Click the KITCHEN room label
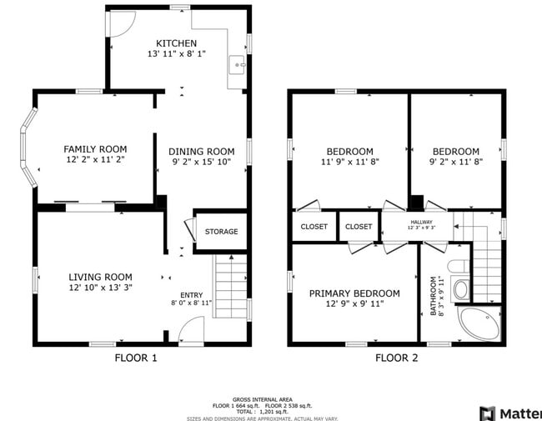click(x=176, y=43)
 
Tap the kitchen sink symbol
click(x=237, y=65)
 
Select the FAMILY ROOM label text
click(x=95, y=149)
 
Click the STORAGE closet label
click(x=221, y=232)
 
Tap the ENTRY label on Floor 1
click(x=191, y=295)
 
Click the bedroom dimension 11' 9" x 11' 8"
click(x=350, y=163)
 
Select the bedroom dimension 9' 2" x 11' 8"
click(x=455, y=163)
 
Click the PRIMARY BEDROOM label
click(x=354, y=293)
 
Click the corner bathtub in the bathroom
click(x=481, y=323)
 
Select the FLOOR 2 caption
click(x=396, y=358)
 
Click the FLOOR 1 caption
click(x=135, y=358)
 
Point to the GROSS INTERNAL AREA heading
click(x=262, y=399)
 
